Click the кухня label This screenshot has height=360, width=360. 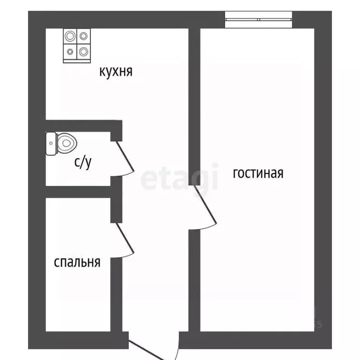point(116,72)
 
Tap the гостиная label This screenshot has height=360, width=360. point(258,173)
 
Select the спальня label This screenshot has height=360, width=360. point(77,262)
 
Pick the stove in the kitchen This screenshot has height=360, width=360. point(76,45)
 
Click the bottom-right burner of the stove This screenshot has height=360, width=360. point(83,51)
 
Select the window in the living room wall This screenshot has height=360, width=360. point(259,19)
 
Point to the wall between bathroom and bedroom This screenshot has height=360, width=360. point(77,192)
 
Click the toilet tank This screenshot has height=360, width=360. point(51,143)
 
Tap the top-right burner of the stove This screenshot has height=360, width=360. point(83,36)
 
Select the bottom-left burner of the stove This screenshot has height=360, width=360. point(70,52)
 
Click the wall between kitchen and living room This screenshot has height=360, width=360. point(195,103)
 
